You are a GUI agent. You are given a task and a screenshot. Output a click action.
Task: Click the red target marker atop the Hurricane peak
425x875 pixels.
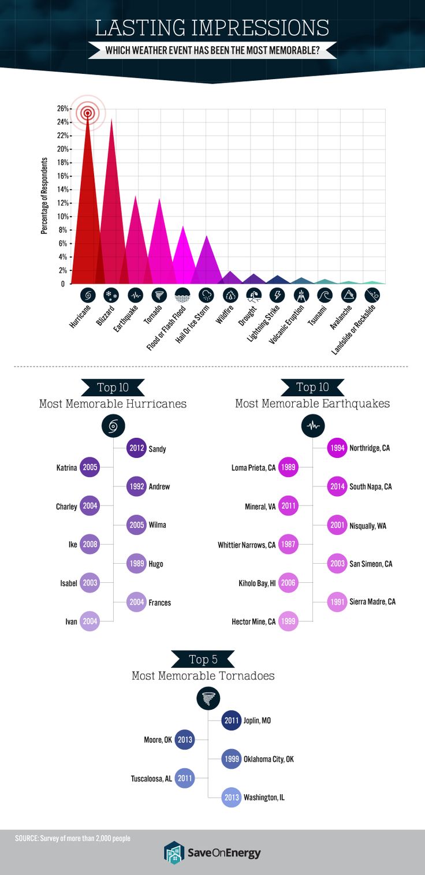[x=88, y=113]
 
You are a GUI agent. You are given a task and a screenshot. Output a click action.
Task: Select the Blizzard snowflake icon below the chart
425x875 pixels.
[x=111, y=296]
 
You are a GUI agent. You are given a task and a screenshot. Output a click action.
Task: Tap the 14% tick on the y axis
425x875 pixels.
[x=63, y=189]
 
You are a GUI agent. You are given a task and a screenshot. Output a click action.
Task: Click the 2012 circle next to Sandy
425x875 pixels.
[x=137, y=448]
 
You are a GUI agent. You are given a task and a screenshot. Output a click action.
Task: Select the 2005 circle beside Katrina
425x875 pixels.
[x=90, y=467]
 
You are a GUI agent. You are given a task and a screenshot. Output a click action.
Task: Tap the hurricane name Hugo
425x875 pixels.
[x=156, y=564]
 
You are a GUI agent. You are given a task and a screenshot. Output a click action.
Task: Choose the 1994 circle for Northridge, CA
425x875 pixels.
[x=337, y=448]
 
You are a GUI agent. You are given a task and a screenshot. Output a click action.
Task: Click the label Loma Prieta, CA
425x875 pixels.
[x=253, y=467]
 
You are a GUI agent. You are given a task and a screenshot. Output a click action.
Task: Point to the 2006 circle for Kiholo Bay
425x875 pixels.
[x=288, y=583]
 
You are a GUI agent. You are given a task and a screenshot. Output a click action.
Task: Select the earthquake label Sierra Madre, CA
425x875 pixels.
[x=372, y=602]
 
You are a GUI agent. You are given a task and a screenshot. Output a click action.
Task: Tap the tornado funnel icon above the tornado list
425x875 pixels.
[x=208, y=698]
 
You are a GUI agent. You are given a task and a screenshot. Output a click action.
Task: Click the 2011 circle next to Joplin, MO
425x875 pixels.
[x=232, y=720]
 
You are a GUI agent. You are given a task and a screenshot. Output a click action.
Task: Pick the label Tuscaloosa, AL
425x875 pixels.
[x=151, y=778]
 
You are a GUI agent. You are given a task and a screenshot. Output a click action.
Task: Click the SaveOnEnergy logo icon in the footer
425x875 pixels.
[x=174, y=852]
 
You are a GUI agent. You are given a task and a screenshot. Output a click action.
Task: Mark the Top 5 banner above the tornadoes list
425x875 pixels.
[x=203, y=659]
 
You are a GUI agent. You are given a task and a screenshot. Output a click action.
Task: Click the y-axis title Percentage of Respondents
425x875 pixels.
[x=44, y=197]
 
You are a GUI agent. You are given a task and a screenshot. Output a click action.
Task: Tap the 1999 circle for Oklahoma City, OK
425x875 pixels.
[x=232, y=759]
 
